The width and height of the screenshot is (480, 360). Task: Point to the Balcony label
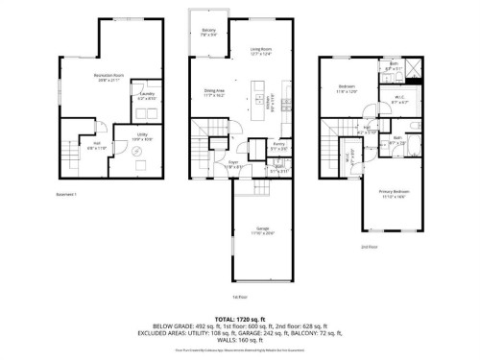click(x=208, y=32)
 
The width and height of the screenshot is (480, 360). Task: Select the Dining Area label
click(x=215, y=94)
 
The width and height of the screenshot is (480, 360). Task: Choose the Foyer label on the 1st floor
click(x=232, y=164)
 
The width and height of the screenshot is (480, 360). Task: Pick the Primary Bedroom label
click(x=391, y=196)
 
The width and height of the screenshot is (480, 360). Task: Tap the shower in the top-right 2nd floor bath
click(x=412, y=68)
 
